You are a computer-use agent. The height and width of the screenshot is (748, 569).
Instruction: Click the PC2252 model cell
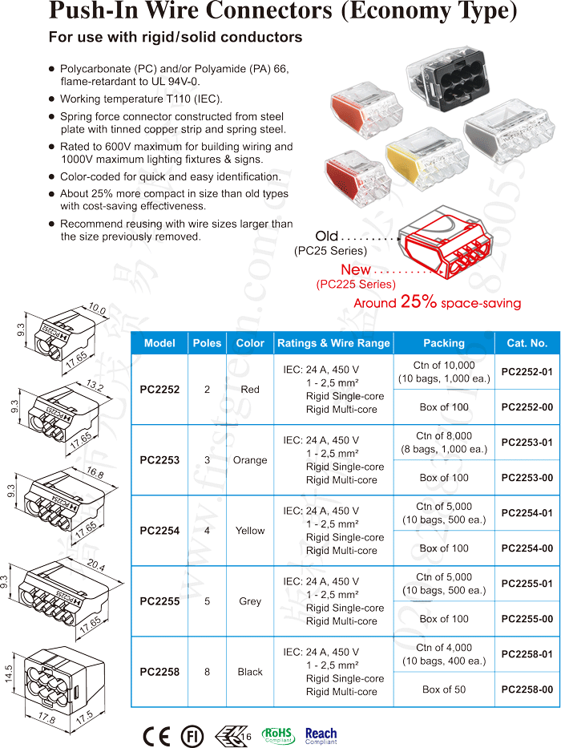[159, 390]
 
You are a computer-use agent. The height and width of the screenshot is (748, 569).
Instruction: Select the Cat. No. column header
[527, 343]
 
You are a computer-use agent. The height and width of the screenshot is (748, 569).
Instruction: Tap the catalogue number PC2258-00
[527, 689]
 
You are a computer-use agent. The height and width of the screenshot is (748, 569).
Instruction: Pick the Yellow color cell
[250, 531]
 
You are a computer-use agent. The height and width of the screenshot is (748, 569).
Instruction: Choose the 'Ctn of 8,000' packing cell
[444, 443]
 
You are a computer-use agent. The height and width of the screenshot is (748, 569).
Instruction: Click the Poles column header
[208, 343]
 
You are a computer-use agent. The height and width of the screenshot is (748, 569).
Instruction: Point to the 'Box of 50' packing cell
[444, 689]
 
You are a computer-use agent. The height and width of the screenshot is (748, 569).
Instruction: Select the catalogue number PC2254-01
[527, 513]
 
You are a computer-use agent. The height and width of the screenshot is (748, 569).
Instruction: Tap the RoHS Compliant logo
[278, 735]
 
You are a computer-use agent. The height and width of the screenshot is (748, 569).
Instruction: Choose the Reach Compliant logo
[321, 735]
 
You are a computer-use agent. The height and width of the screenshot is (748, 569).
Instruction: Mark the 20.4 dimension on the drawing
[95, 567]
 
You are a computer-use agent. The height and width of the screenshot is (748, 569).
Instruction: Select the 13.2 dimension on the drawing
[95, 386]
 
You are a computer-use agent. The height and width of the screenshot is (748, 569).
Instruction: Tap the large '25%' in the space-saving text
[418, 302]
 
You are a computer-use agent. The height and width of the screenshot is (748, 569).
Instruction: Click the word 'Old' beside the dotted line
[327, 236]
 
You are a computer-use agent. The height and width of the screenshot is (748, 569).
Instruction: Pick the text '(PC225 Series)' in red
[355, 284]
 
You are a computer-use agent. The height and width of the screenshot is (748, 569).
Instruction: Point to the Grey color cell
[250, 601]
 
